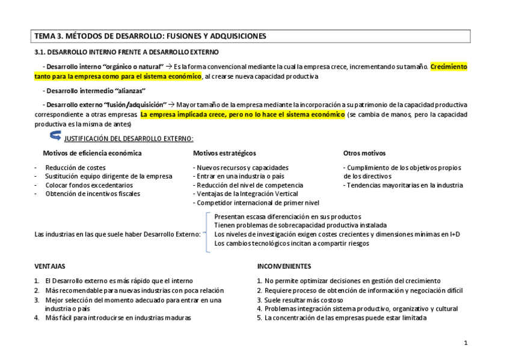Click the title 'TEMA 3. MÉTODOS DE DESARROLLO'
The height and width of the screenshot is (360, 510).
click(150, 36)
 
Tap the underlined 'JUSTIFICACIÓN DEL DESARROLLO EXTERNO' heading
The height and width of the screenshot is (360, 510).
click(129, 139)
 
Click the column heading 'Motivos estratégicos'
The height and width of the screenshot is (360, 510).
click(224, 153)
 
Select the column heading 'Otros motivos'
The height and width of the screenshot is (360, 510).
click(364, 153)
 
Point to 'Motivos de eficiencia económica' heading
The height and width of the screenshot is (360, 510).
click(92, 153)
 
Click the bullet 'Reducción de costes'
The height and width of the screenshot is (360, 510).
click(75, 168)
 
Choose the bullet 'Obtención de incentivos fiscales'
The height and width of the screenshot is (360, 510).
click(92, 194)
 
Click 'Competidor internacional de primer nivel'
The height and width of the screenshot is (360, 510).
click(256, 203)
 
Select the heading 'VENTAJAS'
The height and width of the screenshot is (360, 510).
click(50, 266)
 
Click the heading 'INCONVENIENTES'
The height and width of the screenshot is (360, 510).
click(284, 266)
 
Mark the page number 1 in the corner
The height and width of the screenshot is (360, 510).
click(466, 343)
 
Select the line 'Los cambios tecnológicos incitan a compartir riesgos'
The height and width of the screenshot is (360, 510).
click(292, 243)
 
